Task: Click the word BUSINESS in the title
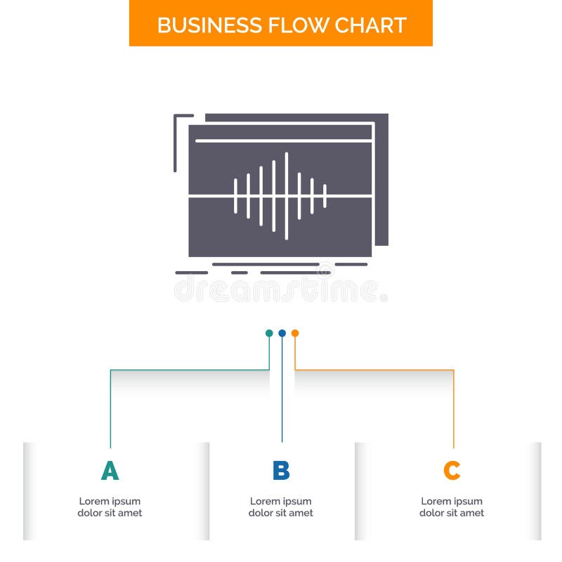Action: click(x=201, y=25)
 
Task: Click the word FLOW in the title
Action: click(x=289, y=25)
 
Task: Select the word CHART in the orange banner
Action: click(x=370, y=25)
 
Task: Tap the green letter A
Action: click(x=110, y=471)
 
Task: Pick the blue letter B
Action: click(x=281, y=471)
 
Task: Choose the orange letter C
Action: click(x=452, y=471)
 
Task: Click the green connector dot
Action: click(x=269, y=333)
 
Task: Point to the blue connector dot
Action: click(x=282, y=333)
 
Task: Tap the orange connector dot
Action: click(x=295, y=333)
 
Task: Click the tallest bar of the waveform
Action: click(x=286, y=196)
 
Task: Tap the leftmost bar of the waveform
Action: click(x=235, y=196)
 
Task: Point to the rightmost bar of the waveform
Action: click(x=325, y=196)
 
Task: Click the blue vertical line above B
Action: click(x=282, y=393)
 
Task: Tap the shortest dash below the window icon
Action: click(x=240, y=273)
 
